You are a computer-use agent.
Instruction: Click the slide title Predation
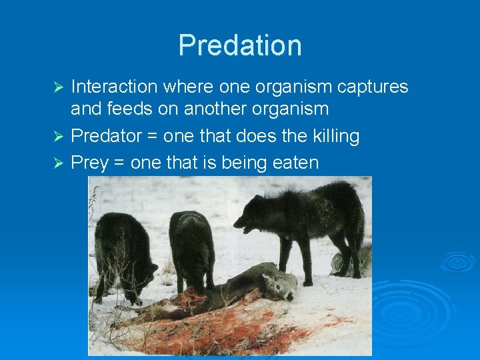point(240,45)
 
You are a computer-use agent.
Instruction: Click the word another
point(210,109)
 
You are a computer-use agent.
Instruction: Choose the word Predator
point(106,137)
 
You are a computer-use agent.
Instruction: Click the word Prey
point(89,163)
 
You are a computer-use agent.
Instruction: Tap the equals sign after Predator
point(152,137)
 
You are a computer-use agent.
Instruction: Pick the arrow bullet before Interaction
point(58,87)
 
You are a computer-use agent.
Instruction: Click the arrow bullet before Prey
point(58,163)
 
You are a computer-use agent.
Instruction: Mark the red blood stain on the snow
point(220,330)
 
